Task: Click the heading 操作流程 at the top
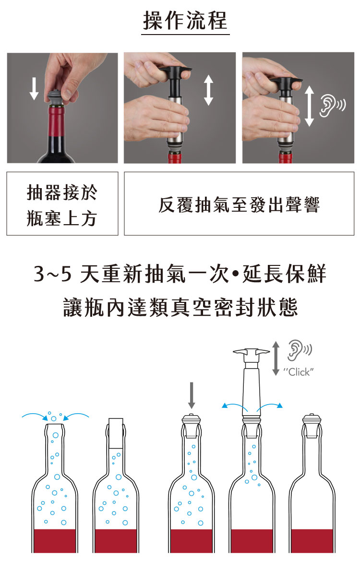pyautogui.click(x=185, y=20)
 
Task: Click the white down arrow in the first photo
pyautogui.click(x=34, y=88)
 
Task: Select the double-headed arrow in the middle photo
pyautogui.click(x=208, y=90)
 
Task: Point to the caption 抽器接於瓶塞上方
pyautogui.click(x=62, y=205)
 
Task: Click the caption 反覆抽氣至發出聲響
pyautogui.click(x=239, y=205)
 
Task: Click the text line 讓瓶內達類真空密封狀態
pyautogui.click(x=180, y=308)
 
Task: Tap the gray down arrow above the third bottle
pyautogui.click(x=192, y=395)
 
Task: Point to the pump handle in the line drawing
pyautogui.click(x=251, y=353)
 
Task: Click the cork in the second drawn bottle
pyautogui.click(x=116, y=433)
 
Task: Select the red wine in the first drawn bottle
pyautogui.click(x=55, y=540)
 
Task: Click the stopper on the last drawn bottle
pyautogui.click(x=311, y=426)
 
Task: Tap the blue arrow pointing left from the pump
pyautogui.click(x=235, y=407)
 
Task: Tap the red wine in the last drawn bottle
pyautogui.click(x=312, y=540)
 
